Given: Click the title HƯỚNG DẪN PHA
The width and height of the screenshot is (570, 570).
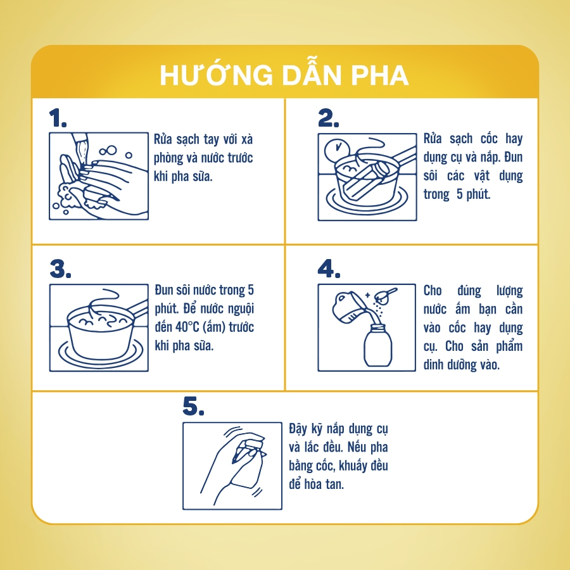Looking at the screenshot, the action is pos(284,75).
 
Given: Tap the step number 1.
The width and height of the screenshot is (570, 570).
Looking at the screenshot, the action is pos(58,118).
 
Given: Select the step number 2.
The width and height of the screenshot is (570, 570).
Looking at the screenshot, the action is pos(328,118).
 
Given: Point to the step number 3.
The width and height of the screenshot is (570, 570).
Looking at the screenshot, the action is pos(60,269).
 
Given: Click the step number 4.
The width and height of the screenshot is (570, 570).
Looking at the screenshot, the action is pos(329,269).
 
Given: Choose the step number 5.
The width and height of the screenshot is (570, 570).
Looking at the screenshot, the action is pos(193,406).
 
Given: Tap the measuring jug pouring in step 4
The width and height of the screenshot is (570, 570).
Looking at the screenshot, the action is pos(347,307).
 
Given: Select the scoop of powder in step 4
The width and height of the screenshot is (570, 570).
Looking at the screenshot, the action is pos(385,295).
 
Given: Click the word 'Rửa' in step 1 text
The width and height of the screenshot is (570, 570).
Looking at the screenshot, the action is pos(163,139).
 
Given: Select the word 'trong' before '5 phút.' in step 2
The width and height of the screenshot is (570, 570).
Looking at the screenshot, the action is pos(436,194).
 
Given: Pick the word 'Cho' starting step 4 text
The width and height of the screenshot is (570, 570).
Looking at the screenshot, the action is pos(433,291).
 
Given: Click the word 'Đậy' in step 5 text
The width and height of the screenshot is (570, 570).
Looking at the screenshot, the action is pos(298,429).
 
